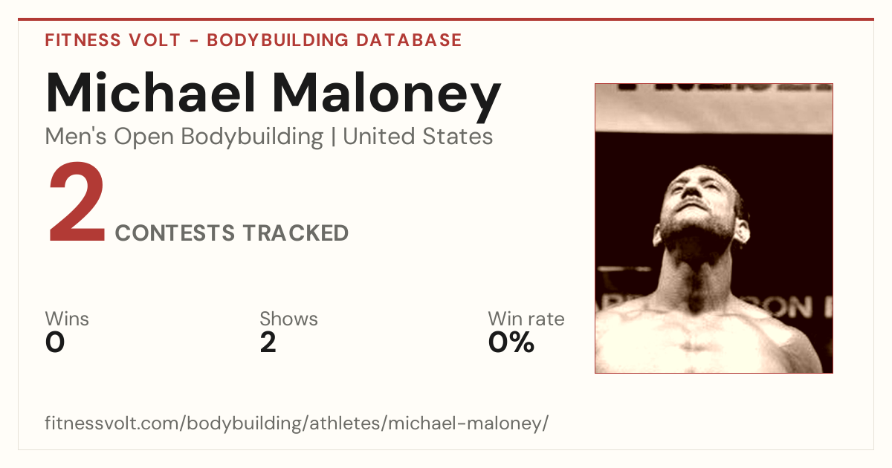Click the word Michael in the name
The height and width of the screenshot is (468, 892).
click(150, 92)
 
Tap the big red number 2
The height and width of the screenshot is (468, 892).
click(77, 202)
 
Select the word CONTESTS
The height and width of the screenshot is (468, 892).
click(175, 233)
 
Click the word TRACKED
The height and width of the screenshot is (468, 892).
click(296, 233)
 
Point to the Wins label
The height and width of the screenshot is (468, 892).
click(67, 319)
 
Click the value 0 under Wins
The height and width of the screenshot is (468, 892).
click(55, 342)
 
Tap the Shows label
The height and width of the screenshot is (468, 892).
click(288, 319)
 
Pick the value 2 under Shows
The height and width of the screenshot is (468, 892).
click(268, 342)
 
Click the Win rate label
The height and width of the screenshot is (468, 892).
click(526, 319)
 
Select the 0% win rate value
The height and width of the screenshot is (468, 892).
click(511, 342)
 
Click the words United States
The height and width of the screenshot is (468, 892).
click(418, 137)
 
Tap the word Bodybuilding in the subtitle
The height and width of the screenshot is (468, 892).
click(252, 137)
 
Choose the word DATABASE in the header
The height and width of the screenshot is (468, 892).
click(409, 40)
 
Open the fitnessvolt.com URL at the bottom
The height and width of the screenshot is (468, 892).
click(297, 423)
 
